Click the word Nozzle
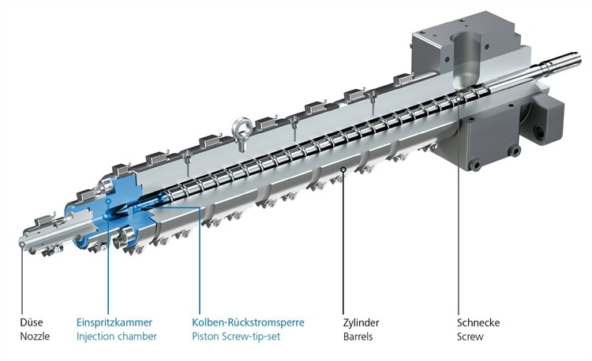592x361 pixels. tap(35, 337)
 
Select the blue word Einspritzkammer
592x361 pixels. tap(114, 322)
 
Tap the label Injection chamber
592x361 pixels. tap(116, 337)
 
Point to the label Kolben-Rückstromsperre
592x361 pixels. tap(248, 322)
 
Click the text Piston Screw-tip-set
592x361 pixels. tap(237, 337)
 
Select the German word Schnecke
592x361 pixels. tap(478, 322)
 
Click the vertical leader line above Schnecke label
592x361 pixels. tap(459, 236)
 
